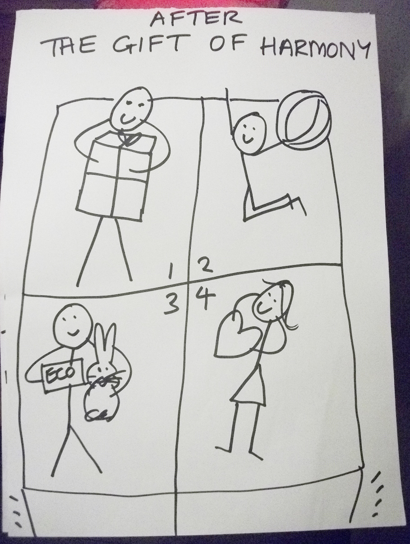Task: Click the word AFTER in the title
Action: point(196,19)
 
